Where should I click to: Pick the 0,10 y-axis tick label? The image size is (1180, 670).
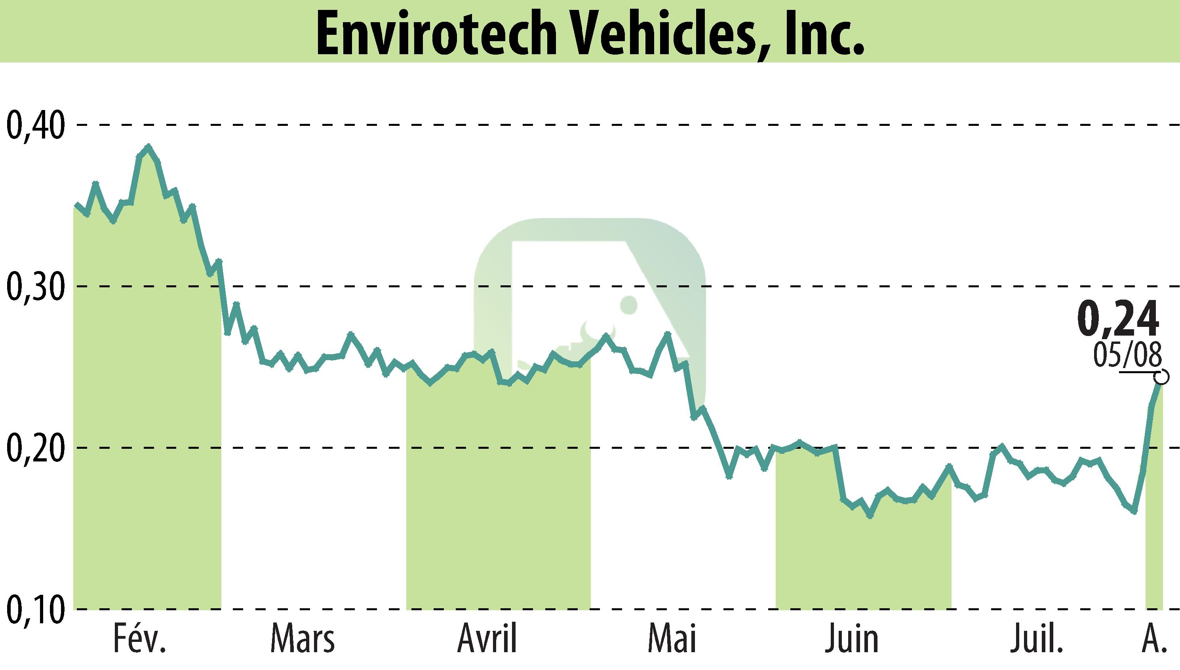tap(34, 609)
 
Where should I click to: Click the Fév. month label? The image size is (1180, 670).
tap(139, 639)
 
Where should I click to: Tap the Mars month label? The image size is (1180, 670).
tap(303, 639)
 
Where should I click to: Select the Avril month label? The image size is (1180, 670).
tap(487, 639)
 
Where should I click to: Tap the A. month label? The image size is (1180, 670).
tap(1155, 639)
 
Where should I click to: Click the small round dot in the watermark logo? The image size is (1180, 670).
tap(628, 305)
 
